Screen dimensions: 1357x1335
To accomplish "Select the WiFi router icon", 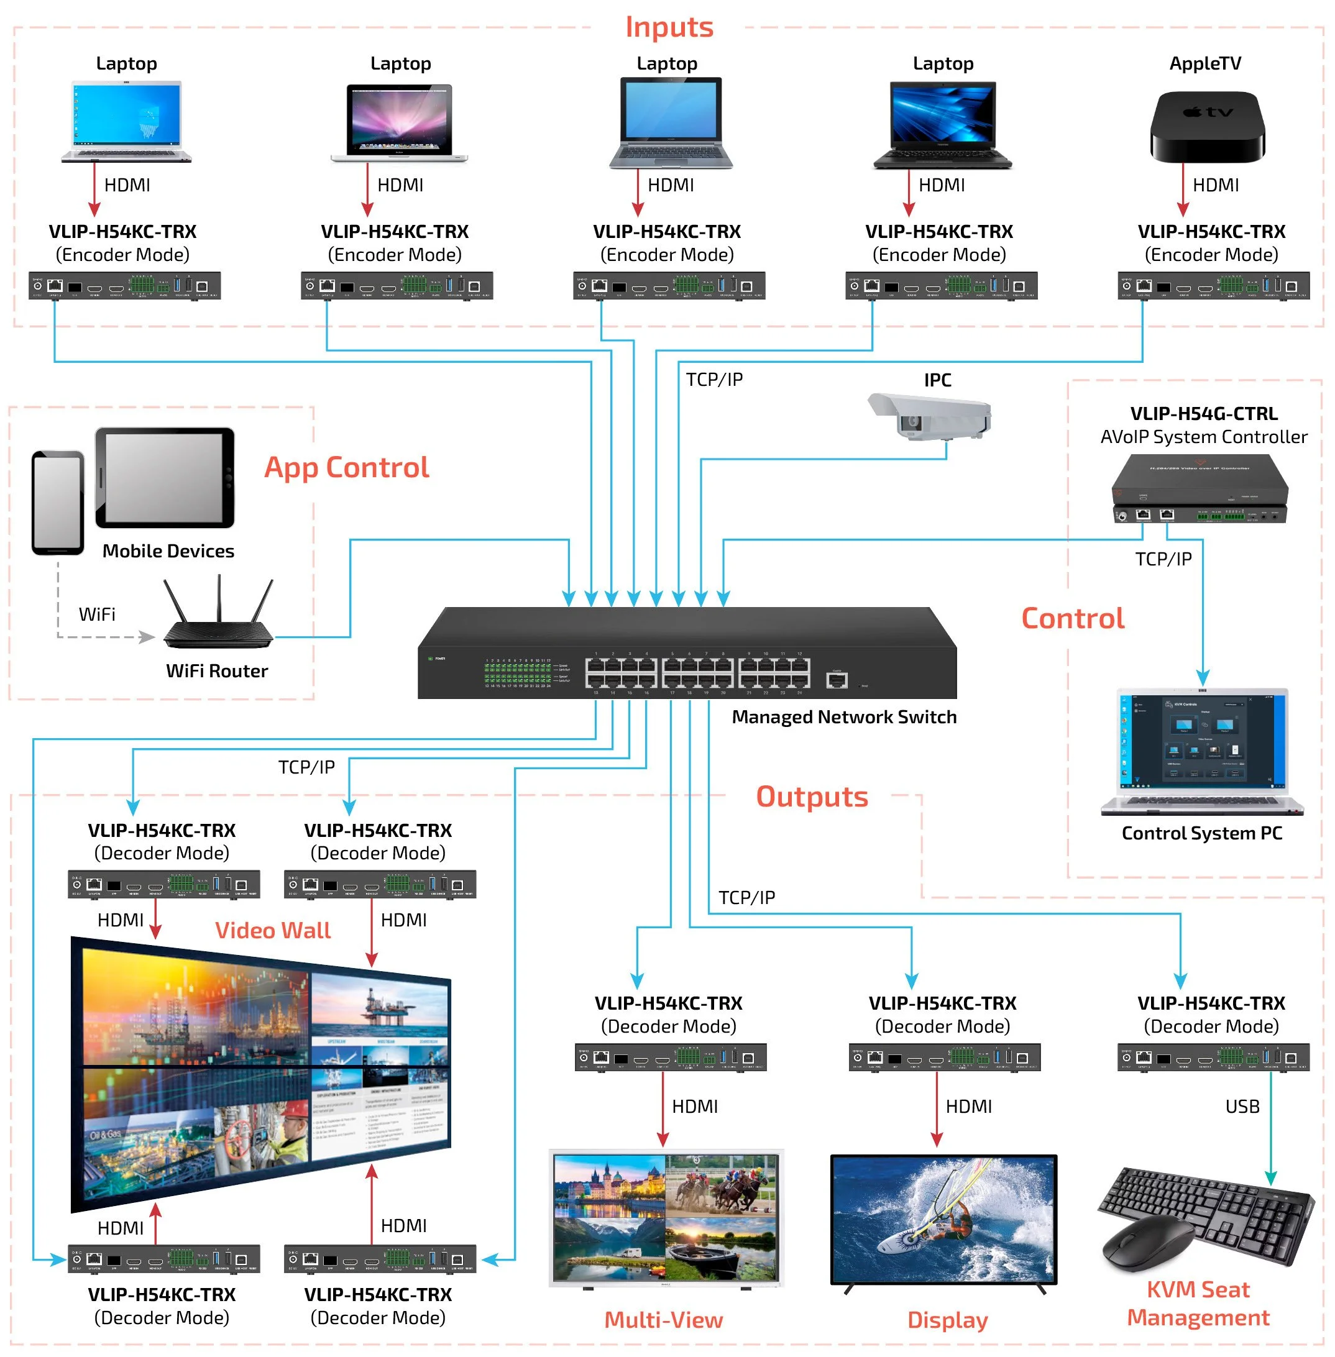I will (x=218, y=617).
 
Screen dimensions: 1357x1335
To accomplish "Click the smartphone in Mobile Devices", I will (x=58, y=502).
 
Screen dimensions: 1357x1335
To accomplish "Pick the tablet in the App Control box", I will (x=165, y=477).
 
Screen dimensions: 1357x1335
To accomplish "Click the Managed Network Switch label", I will (x=843, y=716).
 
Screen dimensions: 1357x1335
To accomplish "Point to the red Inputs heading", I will (x=668, y=27).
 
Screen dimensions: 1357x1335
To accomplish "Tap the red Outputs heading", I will (x=811, y=797).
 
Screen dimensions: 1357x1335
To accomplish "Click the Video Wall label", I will (x=272, y=930).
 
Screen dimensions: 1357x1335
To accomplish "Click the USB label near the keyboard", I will (x=1242, y=1105).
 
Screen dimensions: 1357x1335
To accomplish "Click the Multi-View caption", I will (x=663, y=1319).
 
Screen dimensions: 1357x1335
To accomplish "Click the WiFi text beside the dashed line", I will (x=97, y=614).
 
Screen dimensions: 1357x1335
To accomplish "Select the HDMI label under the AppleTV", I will (x=1215, y=185).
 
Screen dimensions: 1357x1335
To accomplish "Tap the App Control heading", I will (x=346, y=467).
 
